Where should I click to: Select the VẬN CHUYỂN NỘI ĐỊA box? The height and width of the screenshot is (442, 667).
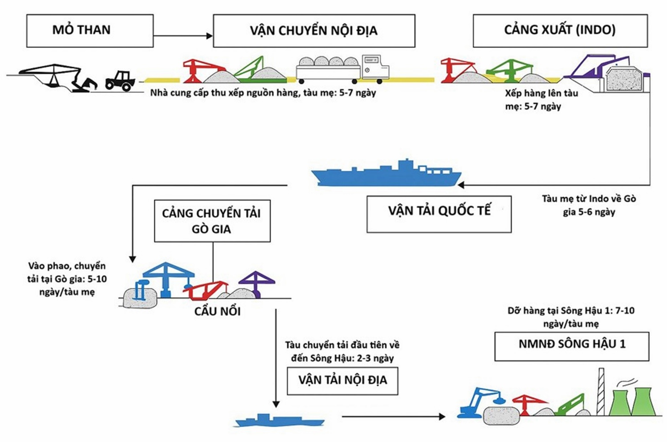[314, 31]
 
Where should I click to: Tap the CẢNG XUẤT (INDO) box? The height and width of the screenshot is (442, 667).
[560, 31]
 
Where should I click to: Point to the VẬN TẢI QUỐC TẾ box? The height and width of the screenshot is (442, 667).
[439, 214]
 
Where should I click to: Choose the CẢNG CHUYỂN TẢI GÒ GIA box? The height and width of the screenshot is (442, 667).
[212, 221]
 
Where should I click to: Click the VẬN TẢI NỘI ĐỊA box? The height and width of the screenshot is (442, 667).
[342, 381]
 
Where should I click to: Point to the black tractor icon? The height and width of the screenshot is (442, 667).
[120, 80]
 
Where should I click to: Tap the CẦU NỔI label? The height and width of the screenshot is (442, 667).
[217, 311]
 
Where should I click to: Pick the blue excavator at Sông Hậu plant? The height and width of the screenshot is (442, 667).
[478, 402]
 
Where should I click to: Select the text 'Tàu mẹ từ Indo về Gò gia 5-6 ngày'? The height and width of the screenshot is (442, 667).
[589, 205]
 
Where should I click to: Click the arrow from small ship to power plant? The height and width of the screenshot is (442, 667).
[393, 416]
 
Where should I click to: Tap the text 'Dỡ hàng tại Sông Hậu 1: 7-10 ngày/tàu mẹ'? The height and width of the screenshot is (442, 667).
[571, 317]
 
